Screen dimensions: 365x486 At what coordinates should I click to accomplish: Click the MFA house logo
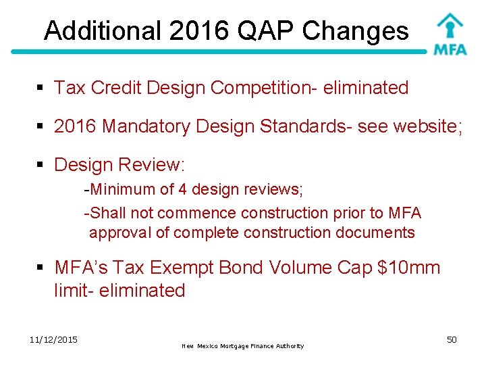450,34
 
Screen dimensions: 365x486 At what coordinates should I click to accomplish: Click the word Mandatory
143,126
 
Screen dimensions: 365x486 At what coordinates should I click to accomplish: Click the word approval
116,233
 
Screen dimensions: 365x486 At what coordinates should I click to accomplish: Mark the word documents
380,233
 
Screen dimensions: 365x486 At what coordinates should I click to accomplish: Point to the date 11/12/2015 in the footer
54,339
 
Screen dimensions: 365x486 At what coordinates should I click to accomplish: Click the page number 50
452,339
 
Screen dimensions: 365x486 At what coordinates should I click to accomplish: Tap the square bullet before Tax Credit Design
40,89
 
